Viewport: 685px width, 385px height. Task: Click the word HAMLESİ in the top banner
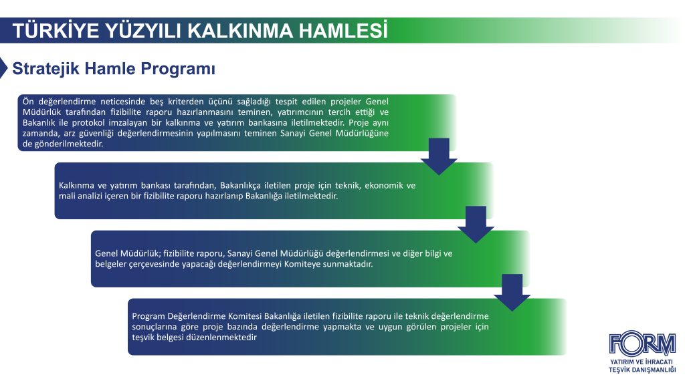tap(343, 30)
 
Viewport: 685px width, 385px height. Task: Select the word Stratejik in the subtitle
tap(46, 69)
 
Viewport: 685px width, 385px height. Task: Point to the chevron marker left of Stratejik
tap(4, 68)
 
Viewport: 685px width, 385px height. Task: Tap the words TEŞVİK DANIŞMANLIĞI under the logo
tap(642, 370)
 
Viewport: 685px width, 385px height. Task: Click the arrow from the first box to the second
tap(439, 156)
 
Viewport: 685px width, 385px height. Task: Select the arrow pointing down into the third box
tap(476, 225)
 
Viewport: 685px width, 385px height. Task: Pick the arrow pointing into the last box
tap(512, 293)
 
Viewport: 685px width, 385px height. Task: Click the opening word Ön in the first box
tap(28, 102)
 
